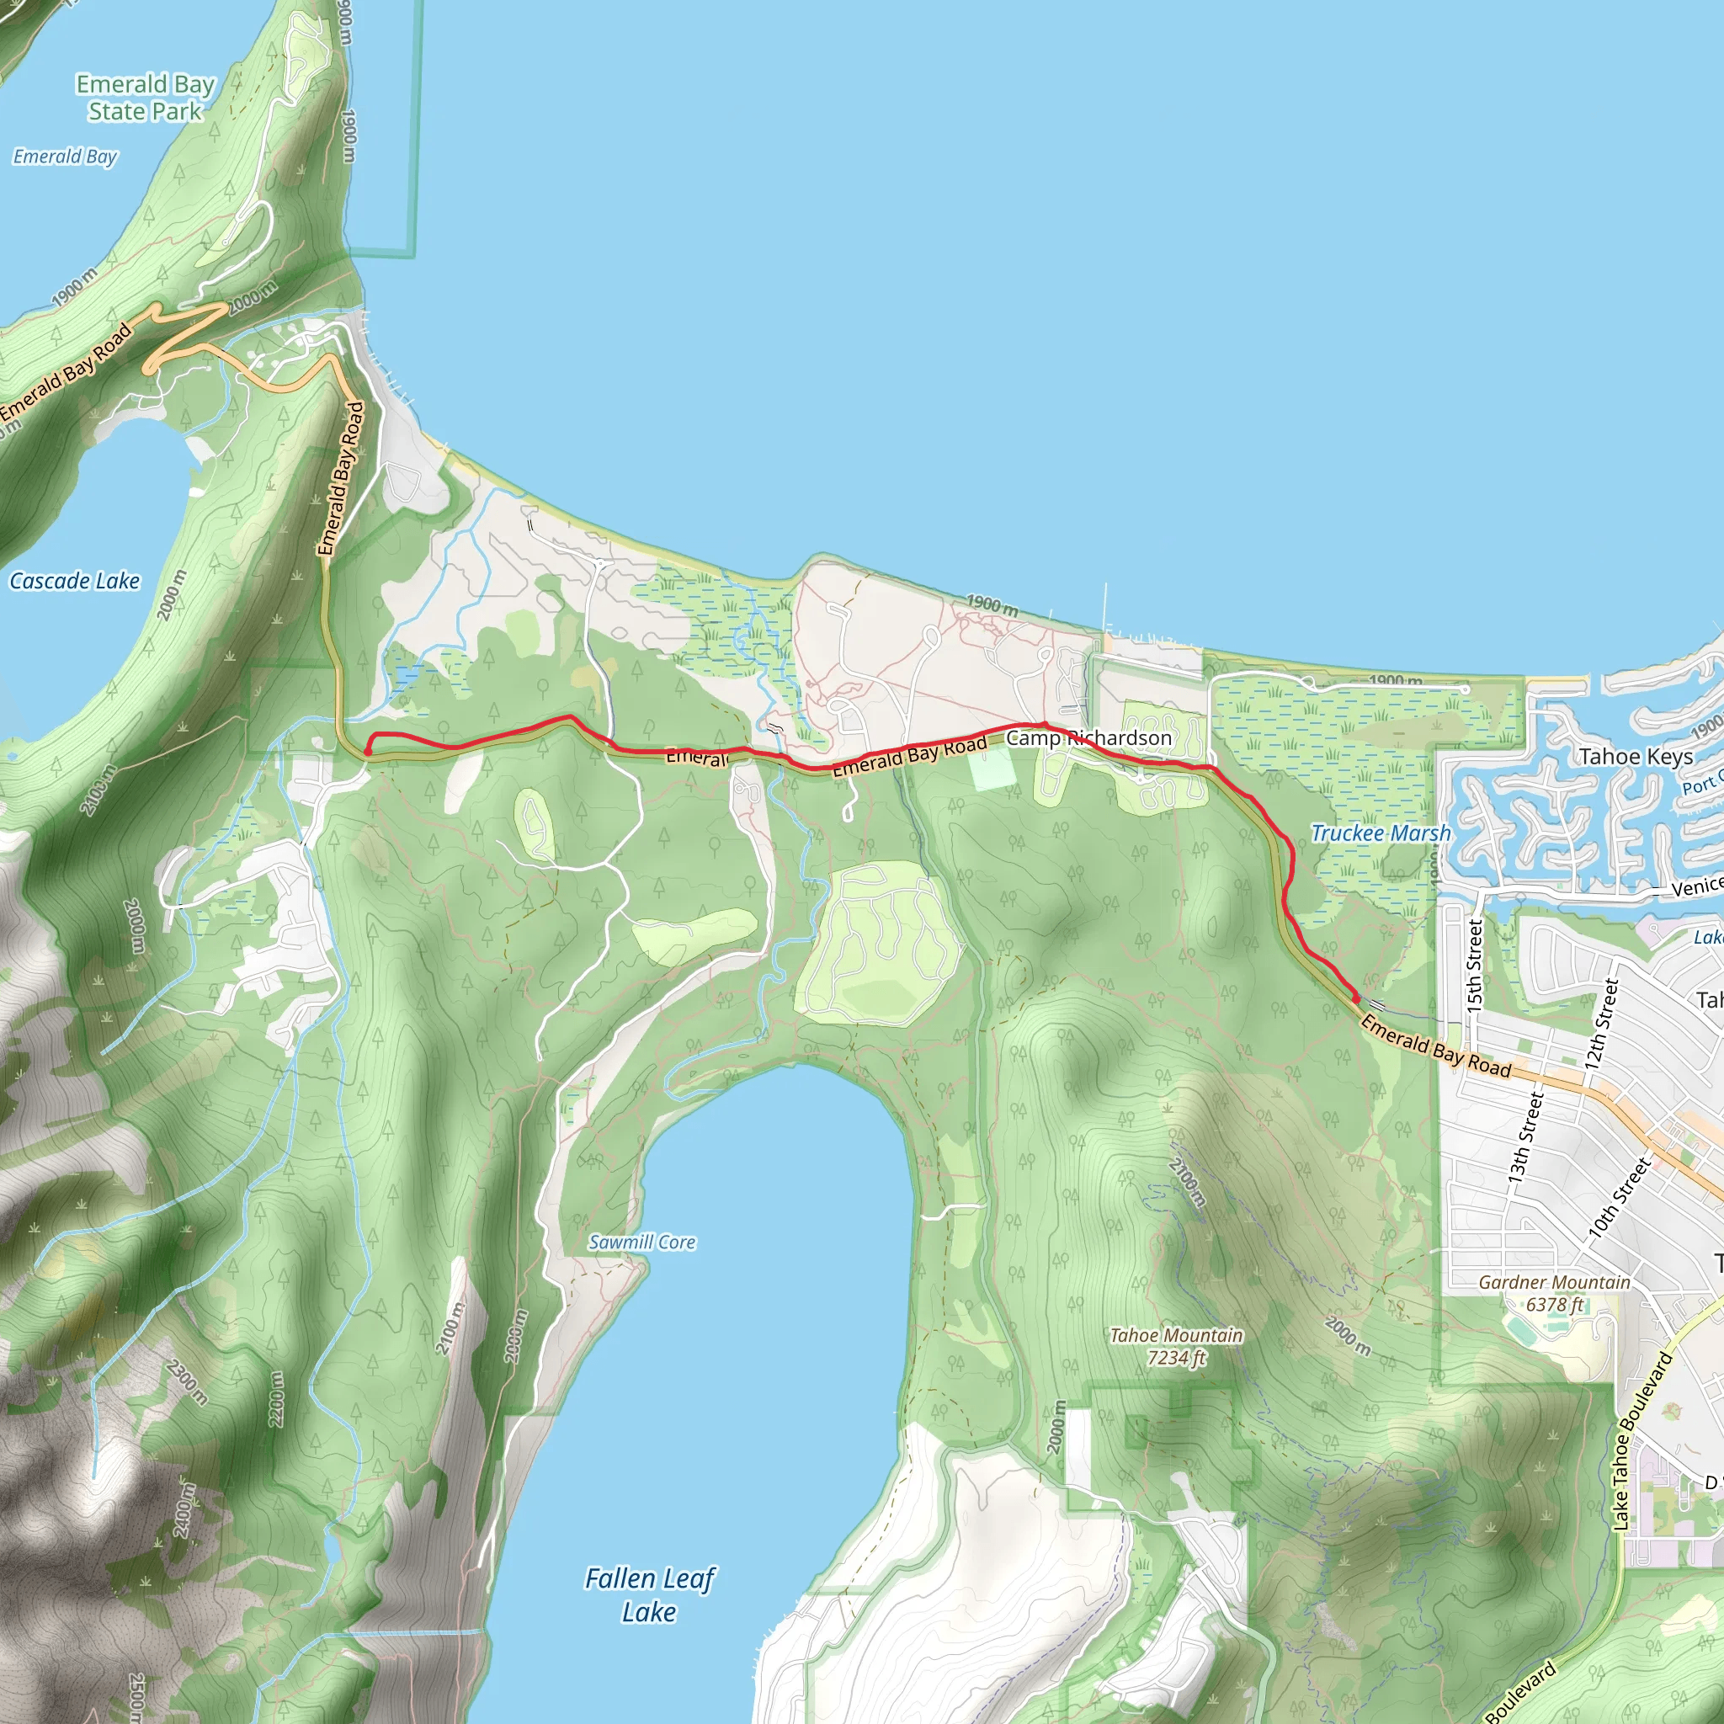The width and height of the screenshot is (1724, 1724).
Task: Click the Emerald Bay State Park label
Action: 146,98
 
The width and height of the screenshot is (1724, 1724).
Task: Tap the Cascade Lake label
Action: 75,581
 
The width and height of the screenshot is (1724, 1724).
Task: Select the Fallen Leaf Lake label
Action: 650,1594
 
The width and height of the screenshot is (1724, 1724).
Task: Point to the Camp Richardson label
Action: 1088,738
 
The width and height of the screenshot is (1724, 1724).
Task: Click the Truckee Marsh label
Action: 1381,833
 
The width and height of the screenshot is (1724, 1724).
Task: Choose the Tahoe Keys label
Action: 1636,757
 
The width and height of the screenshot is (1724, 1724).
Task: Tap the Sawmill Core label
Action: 641,1242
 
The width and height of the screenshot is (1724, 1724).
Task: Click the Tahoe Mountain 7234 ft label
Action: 1176,1347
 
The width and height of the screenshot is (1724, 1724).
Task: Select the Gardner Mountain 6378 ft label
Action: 1555,1293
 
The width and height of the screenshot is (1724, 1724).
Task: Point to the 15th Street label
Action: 1474,966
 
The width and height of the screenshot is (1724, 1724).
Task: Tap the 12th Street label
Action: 1602,1024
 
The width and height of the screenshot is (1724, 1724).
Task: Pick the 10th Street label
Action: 1620,1198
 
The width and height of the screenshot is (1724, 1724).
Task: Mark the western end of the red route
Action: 368,753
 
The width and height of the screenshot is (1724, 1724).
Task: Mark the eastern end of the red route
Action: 1356,998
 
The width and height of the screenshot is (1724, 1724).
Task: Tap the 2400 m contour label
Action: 184,1510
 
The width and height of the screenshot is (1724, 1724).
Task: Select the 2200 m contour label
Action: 277,1398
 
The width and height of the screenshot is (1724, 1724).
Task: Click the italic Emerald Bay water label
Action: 65,157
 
